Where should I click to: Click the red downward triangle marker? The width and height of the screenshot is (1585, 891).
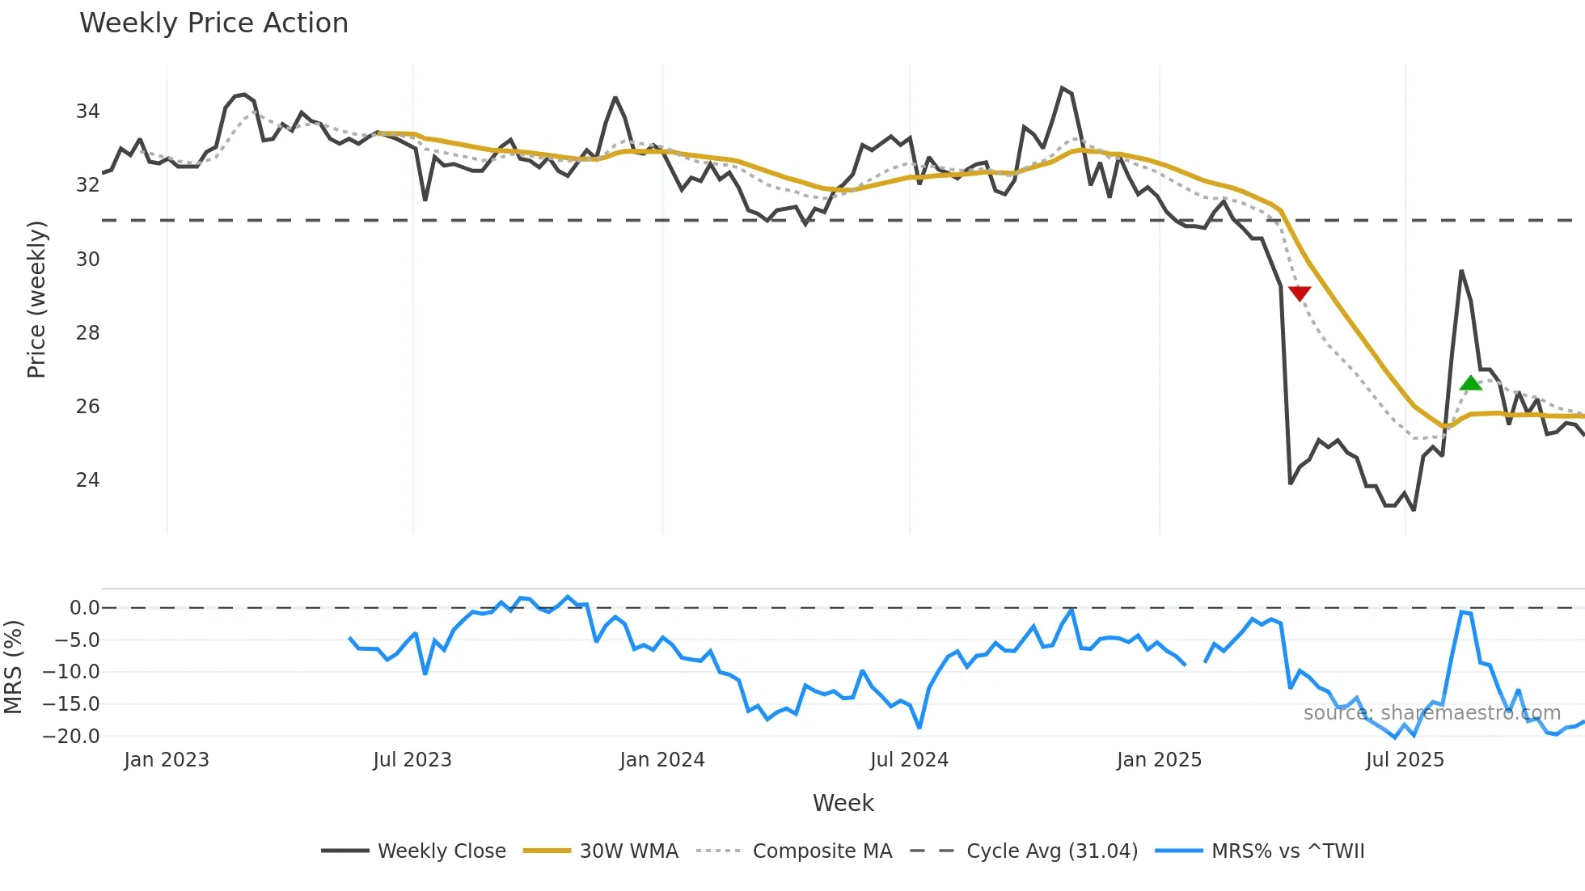(1299, 293)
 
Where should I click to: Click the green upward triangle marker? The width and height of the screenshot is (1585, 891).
(1470, 383)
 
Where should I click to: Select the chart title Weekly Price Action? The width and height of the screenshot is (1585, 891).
(213, 23)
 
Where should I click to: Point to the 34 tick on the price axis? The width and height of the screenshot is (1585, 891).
(87, 112)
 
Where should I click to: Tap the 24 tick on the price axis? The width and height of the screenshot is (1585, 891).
(87, 480)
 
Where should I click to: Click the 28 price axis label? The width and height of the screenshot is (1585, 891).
(87, 333)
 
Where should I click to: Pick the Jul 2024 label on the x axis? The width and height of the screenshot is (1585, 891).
(909, 760)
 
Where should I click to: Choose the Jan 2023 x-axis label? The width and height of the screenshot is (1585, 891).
(167, 760)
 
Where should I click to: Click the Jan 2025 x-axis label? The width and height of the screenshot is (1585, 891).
(1159, 760)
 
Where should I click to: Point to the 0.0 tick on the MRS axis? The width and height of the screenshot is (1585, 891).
(84, 608)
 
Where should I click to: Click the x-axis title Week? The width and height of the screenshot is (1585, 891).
(843, 803)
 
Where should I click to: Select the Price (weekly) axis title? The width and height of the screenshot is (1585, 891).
(36, 299)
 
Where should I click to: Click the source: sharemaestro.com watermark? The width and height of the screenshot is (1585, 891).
(1431, 713)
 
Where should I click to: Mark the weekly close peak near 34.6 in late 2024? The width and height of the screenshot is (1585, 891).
(1062, 88)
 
